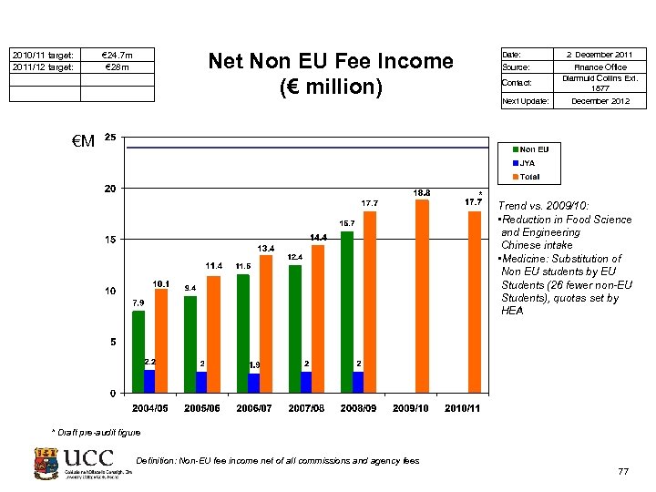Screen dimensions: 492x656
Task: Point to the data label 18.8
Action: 422,193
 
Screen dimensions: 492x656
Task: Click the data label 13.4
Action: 265,248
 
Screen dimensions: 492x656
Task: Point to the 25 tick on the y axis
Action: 109,138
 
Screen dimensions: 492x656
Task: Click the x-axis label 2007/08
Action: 305,408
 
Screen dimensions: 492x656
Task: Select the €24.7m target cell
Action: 118,55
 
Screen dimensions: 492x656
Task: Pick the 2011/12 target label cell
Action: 42,67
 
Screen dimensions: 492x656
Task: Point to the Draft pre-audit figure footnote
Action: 97,431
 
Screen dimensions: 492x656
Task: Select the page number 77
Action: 623,471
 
